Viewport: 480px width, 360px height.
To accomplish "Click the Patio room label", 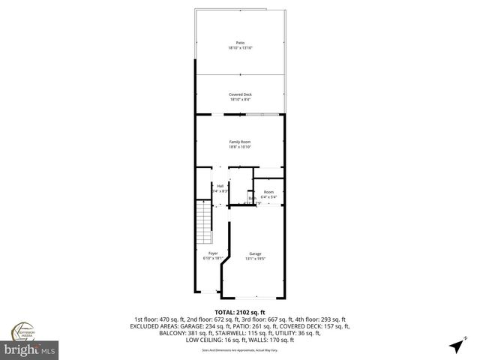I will tap(240, 43).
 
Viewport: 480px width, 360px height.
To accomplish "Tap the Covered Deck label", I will tap(240, 94).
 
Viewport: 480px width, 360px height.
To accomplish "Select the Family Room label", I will tap(240, 141).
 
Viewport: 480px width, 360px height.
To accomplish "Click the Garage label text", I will tap(256, 253).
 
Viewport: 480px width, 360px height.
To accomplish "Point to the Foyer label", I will tap(213, 253).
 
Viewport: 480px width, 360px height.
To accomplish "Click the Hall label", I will tap(220, 187).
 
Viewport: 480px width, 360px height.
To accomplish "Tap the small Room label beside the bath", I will tap(268, 192).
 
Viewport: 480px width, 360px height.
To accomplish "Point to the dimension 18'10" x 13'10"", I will tap(240, 48).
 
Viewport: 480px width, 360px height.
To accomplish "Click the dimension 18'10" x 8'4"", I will tap(240, 99).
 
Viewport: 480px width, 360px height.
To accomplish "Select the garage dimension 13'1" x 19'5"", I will tap(256, 259).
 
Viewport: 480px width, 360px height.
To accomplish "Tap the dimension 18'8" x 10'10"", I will tap(240, 146).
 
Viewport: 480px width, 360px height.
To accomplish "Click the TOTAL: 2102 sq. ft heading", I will tap(240, 311).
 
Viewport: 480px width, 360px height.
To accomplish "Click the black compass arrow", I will tap(455, 345).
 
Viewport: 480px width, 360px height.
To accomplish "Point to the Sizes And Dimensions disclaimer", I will tap(240, 350).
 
